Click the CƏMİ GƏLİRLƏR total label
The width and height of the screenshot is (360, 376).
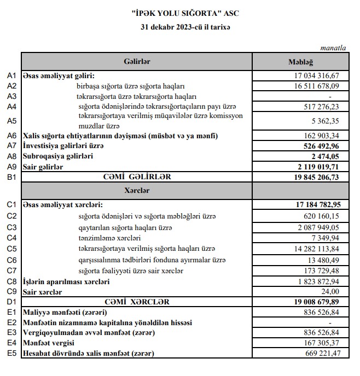coord(137,176)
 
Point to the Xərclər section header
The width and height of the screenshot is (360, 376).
coord(137,191)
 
